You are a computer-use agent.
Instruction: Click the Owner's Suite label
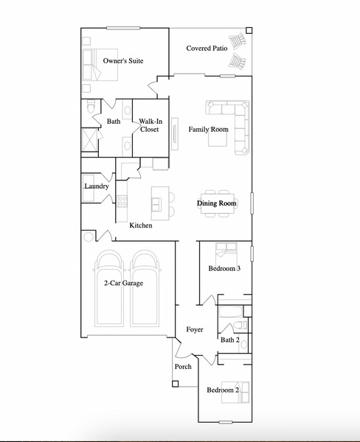point(123,61)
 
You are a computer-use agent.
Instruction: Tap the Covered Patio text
point(207,49)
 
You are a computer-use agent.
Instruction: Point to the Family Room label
point(208,130)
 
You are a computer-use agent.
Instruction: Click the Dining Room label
point(217,203)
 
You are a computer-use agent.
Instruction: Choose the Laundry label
point(97,187)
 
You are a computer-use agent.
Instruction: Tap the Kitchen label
point(141,225)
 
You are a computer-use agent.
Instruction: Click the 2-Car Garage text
point(123,283)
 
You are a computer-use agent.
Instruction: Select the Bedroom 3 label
point(224,269)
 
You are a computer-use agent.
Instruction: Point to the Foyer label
point(194,329)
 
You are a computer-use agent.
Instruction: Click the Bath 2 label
point(229,340)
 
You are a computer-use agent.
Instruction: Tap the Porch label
point(183,367)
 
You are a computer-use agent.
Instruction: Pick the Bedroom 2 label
point(222,390)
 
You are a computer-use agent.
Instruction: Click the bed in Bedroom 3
point(224,252)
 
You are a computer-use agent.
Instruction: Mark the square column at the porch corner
point(175,383)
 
